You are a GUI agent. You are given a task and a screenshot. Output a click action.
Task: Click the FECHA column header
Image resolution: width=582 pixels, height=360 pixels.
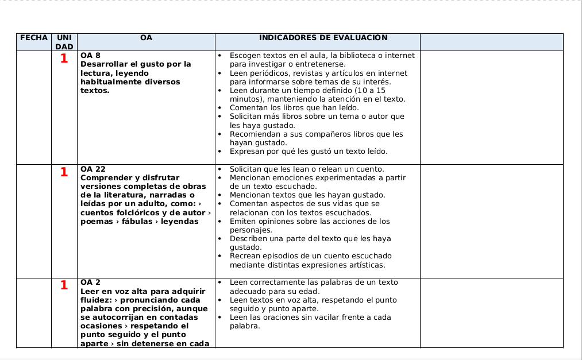coord(34,38)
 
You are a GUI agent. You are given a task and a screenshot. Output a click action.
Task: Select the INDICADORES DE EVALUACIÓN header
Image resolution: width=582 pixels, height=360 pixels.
coord(323,38)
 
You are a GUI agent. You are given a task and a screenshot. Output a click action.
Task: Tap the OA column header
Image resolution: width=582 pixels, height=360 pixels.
coord(146,38)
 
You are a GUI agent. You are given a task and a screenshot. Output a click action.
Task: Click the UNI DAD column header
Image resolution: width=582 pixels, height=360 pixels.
coord(64,42)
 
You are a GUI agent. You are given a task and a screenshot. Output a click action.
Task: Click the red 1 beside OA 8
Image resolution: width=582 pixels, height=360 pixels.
coord(64,59)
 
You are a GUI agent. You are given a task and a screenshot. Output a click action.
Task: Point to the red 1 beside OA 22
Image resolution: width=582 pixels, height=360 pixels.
coord(64,172)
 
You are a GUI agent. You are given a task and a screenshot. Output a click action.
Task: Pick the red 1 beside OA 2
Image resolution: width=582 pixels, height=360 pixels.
coord(64,285)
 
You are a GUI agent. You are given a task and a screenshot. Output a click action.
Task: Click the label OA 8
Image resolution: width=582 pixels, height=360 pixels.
coord(90,56)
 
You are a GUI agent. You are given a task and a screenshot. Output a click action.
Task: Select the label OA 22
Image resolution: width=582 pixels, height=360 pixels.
coord(93,169)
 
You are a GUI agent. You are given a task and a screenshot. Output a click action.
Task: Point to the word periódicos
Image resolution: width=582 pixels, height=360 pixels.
coord(270,73)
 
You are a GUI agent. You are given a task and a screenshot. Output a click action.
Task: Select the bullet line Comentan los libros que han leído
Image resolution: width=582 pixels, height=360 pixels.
coord(294,108)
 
